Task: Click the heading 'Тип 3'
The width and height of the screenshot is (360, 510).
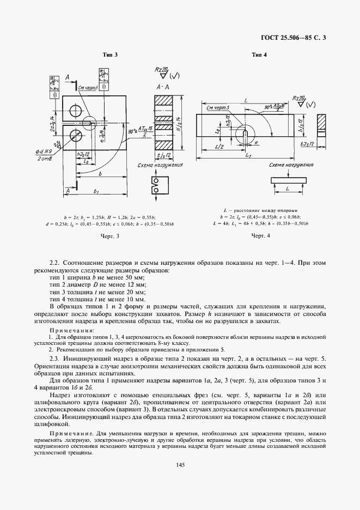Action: coord(111,54)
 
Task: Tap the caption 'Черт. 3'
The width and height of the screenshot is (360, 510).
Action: coord(111,236)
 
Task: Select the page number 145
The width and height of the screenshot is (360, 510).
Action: coord(180,464)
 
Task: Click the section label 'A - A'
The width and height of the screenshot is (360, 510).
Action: coord(163,87)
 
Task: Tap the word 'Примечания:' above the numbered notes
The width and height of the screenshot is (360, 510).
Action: coord(64,331)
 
